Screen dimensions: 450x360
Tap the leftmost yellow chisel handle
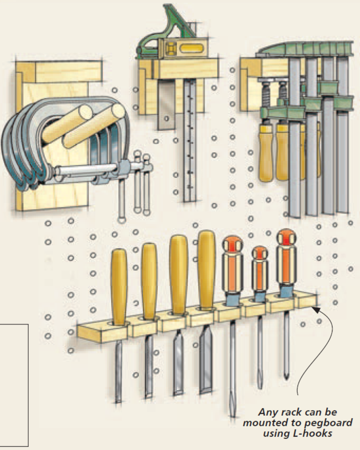[x=119, y=287]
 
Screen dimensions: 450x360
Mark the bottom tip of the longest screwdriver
[x=233, y=415]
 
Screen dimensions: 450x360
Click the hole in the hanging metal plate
[x=166, y=118]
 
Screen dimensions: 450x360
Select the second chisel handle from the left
[x=149, y=280]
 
